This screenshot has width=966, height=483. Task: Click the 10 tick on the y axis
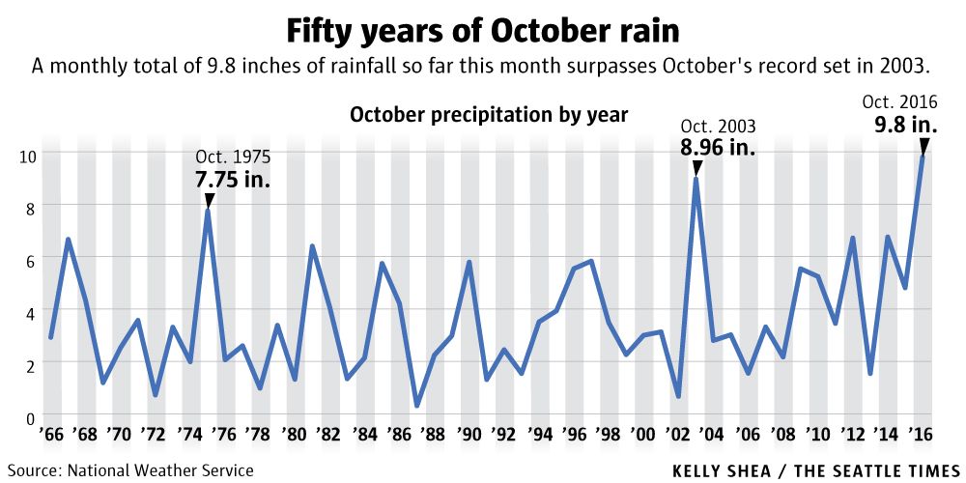point(27,155)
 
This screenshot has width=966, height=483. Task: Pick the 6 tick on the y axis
point(30,260)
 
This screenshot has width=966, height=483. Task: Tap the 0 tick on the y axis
point(30,417)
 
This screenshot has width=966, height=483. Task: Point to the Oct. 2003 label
point(718,127)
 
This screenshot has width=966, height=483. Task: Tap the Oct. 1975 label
point(233,156)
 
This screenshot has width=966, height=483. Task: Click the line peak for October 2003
point(696,180)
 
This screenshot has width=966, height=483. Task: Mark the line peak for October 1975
point(208,211)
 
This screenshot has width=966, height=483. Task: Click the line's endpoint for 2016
point(923,156)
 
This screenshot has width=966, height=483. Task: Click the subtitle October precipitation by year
point(489,115)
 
